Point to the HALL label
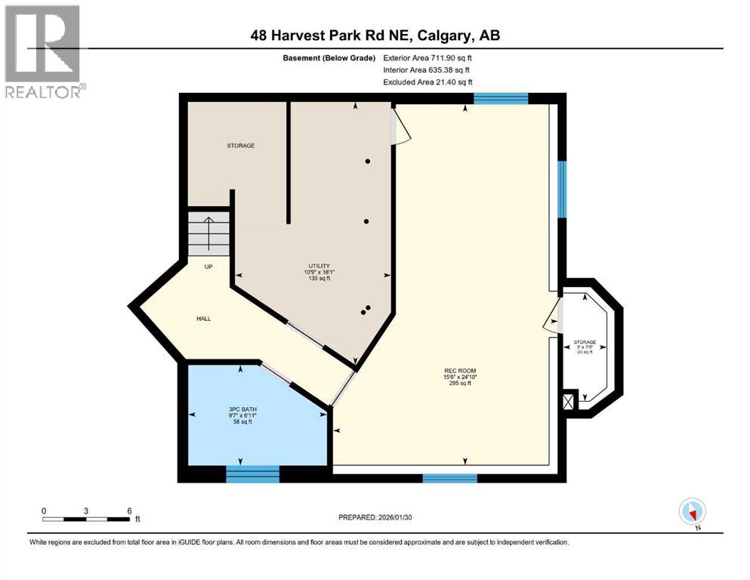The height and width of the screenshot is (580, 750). coord(203,319)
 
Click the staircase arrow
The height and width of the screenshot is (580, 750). coord(208,233)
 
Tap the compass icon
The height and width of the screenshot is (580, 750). coord(692,511)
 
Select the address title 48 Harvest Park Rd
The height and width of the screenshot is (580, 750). coord(376,35)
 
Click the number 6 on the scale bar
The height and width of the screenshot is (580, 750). coord(129,511)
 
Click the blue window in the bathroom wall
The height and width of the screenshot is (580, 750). coord(252,474)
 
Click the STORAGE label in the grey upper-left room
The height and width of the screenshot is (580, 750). coord(241,145)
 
